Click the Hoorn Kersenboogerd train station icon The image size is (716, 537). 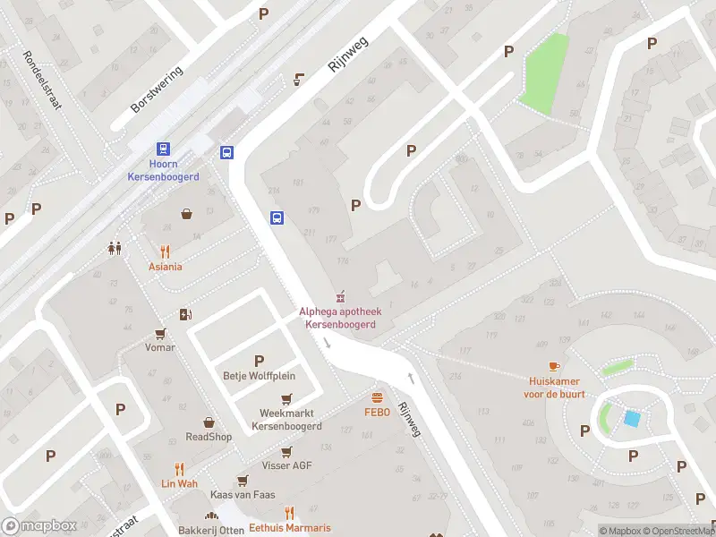pyautogui.click(x=163, y=149)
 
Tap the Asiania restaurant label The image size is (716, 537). pyautogui.click(x=165, y=267)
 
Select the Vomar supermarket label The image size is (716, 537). pyautogui.click(x=160, y=347)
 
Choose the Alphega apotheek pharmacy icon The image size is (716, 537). pyautogui.click(x=339, y=296)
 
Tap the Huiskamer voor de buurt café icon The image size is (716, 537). pyautogui.click(x=553, y=366)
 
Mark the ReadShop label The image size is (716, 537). pyautogui.click(x=209, y=437)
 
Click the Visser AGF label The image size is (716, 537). pyautogui.click(x=286, y=465)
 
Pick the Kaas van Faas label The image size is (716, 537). pyautogui.click(x=242, y=495)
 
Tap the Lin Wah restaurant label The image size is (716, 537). pyautogui.click(x=179, y=483)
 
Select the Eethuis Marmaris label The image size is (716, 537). pyautogui.click(x=289, y=527)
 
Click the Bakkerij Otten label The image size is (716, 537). pyautogui.click(x=211, y=530)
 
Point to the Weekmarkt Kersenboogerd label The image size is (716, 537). pyautogui.click(x=286, y=420)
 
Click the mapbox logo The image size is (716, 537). pyautogui.click(x=39, y=526)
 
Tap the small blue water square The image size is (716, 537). pyautogui.click(x=632, y=418)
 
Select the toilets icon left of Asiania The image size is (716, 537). pyautogui.click(x=115, y=248)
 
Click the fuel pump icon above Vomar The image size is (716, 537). pyautogui.click(x=185, y=314)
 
